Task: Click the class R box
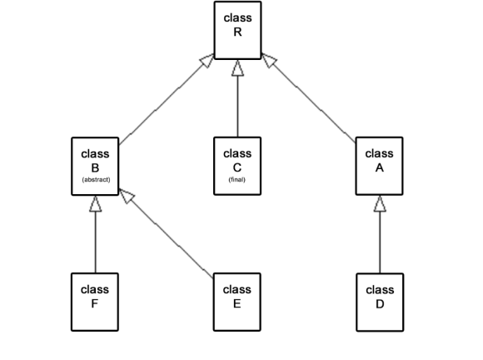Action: coord(237,30)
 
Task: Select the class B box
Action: coord(95,166)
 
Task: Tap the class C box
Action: coord(237,166)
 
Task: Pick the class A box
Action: coord(379,166)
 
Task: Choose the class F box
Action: coord(95,302)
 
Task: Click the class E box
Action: coord(237,302)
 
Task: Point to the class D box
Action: coord(380,302)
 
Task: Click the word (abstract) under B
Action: coord(96,179)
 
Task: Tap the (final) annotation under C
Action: coord(237,179)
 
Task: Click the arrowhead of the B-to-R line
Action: coord(207,60)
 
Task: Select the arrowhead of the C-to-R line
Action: coord(237,67)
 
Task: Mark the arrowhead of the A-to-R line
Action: coord(269,60)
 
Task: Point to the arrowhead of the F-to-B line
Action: coord(96,203)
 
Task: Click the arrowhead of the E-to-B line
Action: coord(127,196)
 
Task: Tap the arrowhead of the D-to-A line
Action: coord(380,203)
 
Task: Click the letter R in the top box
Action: coord(237,32)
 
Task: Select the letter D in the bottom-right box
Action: coord(380,304)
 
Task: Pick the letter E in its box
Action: coord(237,304)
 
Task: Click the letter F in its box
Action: coord(95,304)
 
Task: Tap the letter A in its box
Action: coord(379,167)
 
